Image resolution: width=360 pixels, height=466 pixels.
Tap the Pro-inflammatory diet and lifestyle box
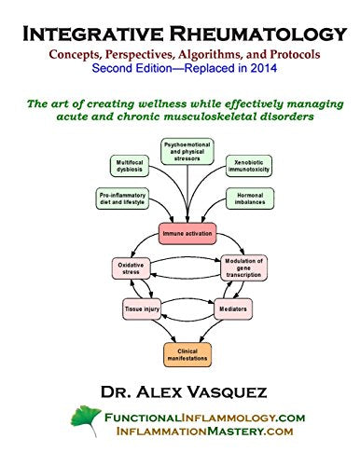tap(121, 198)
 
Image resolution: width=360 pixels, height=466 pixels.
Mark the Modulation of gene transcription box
tap(246, 269)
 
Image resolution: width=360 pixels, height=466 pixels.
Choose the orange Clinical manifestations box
tap(186, 353)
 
